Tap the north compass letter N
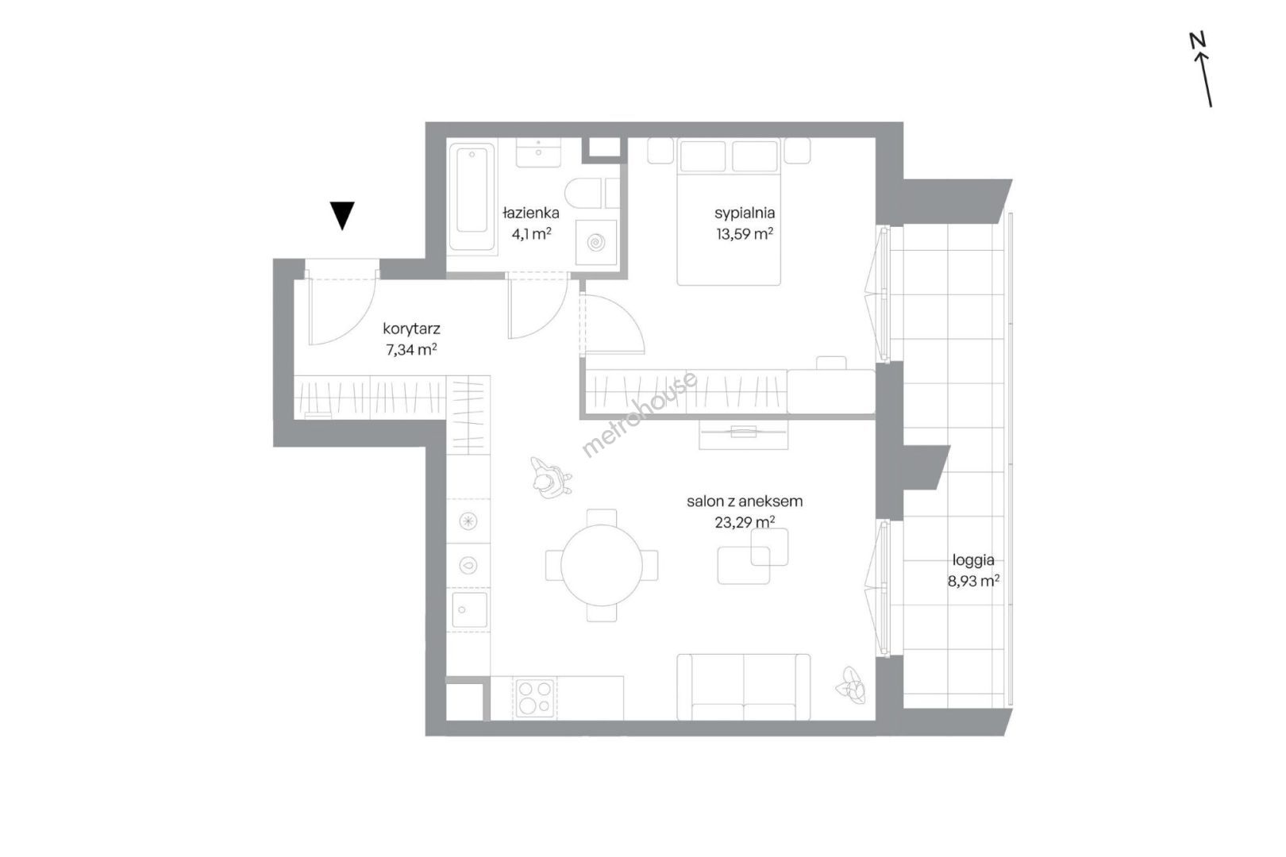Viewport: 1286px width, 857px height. click(1198, 40)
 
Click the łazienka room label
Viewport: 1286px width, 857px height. click(531, 213)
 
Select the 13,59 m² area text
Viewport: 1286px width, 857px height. click(745, 233)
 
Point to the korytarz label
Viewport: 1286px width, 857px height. click(412, 329)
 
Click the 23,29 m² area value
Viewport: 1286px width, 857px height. click(745, 522)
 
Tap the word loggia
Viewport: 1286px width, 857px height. click(974, 560)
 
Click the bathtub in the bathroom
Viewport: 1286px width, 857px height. click(472, 197)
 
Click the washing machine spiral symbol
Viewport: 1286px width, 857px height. click(596, 243)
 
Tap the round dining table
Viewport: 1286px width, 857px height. click(602, 566)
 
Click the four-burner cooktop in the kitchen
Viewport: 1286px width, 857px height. click(535, 698)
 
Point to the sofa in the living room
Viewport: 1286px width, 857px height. click(744, 687)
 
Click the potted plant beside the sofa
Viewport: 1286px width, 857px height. click(852, 686)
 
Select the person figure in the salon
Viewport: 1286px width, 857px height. click(550, 477)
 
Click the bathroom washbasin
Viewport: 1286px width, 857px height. click(538, 152)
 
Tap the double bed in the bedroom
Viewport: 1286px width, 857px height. click(729, 213)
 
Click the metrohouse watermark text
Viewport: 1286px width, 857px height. click(640, 414)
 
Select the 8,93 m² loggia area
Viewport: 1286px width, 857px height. click(974, 581)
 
